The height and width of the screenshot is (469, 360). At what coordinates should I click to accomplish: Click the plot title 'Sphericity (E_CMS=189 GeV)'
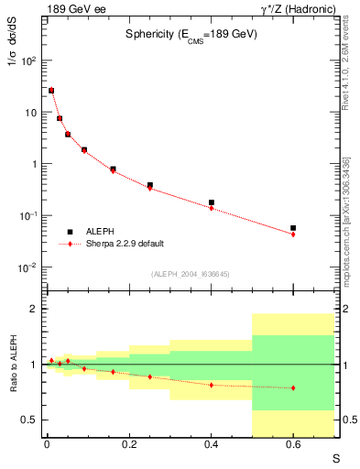point(191,34)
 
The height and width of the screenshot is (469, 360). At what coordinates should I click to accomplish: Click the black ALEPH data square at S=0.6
point(293,228)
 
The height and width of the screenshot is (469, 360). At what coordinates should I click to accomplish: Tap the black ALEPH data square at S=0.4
point(212,202)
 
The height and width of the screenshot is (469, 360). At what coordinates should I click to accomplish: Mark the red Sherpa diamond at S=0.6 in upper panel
point(293,234)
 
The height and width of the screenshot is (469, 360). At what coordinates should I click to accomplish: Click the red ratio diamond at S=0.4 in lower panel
point(212,385)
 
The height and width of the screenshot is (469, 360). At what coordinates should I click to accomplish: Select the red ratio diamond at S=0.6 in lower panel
point(293,387)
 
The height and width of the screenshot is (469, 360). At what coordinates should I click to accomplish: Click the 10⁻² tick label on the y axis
point(28,267)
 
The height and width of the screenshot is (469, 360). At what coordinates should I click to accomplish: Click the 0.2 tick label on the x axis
point(129,445)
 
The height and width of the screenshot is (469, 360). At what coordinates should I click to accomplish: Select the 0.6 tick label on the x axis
point(293,445)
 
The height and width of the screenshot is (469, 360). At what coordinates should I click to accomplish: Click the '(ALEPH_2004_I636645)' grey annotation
point(191,275)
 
